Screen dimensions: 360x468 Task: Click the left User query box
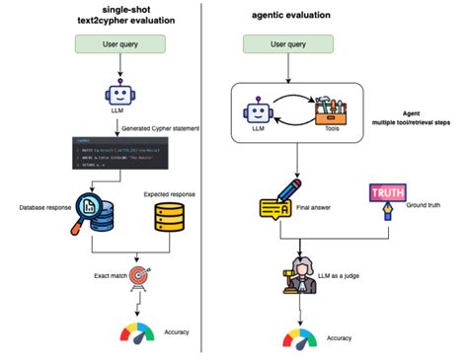coord(121,44)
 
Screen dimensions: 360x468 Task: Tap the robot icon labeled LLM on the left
coord(120,97)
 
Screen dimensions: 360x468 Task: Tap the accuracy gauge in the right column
coord(299,338)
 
